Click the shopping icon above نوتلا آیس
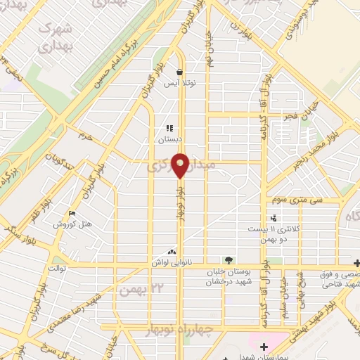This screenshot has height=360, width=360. click(x=180, y=72)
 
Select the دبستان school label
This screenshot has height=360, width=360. click(x=169, y=139)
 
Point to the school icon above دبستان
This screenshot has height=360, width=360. click(x=169, y=129)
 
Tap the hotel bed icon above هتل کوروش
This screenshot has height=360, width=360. click(x=71, y=214)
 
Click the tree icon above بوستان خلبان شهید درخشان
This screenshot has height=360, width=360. click(x=227, y=259)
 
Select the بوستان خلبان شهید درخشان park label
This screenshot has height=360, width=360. click(x=228, y=276)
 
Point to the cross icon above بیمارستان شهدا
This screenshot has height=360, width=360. click(x=264, y=346)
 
